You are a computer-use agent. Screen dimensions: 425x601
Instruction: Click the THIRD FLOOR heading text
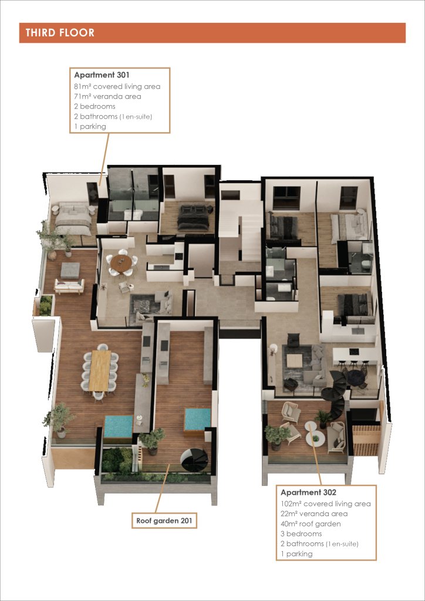[x=60, y=33]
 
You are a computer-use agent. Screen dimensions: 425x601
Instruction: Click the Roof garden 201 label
[x=164, y=521]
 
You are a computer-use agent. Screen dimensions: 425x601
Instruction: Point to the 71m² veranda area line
[x=107, y=96]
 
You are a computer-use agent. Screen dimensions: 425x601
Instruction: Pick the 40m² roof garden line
[x=311, y=524]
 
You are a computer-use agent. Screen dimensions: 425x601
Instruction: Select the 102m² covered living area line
[x=326, y=504]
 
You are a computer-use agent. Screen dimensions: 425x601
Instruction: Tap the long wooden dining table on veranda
[x=100, y=370]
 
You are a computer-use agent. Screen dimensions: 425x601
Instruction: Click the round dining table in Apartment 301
[x=121, y=263]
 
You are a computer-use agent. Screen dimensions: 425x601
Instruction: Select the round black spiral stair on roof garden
[x=195, y=460]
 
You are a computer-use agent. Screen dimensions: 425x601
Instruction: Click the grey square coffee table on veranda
[x=70, y=270]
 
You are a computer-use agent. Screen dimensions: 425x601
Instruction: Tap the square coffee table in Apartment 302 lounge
[x=294, y=361]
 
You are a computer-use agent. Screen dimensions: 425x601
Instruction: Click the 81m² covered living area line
[x=117, y=86]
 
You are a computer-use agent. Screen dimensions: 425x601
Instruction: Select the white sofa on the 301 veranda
[x=69, y=286]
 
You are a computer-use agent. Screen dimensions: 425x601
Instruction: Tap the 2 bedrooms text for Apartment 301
[x=95, y=106]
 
